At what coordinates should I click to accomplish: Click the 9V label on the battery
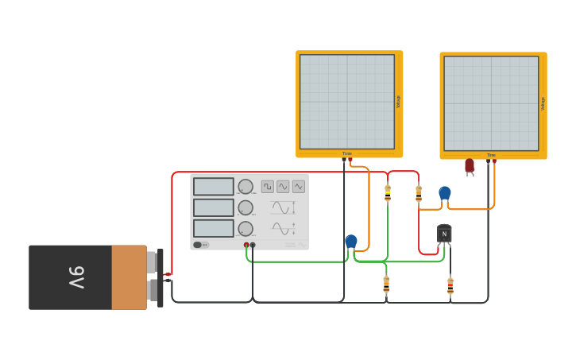[76, 277]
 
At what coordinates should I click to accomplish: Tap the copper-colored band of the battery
[129, 277]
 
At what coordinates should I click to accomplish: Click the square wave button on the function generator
[268, 187]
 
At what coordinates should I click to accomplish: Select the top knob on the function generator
[245, 187]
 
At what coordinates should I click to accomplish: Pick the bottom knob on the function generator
[245, 229]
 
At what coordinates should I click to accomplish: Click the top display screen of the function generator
[214, 187]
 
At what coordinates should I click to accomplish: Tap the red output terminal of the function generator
[246, 245]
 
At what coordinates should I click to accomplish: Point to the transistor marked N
[444, 234]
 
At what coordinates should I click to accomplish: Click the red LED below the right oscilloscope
[470, 165]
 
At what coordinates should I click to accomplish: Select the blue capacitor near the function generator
[351, 241]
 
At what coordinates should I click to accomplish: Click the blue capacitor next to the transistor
[445, 193]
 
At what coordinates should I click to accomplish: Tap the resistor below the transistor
[450, 285]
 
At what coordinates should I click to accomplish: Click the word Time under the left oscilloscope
[347, 153]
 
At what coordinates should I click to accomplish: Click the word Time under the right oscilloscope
[491, 155]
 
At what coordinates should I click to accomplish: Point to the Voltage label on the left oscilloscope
[398, 102]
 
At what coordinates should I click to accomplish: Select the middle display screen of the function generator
[214, 207]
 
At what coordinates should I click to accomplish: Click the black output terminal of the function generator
[253, 245]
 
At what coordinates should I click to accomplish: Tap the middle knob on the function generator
[245, 207]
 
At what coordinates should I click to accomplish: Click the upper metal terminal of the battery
[152, 262]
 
